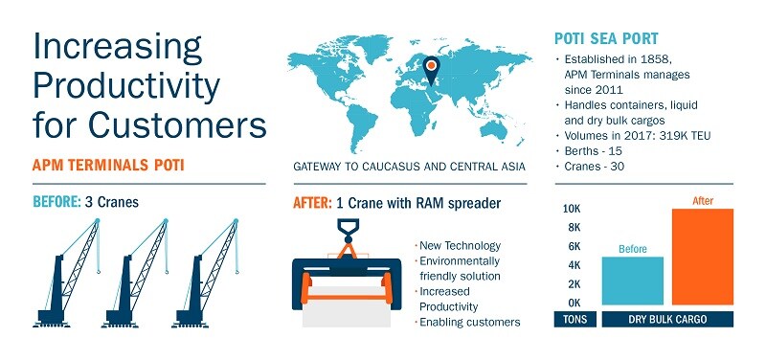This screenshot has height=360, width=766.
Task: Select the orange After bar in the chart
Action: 703,257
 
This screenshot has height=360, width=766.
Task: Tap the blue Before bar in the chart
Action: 632,281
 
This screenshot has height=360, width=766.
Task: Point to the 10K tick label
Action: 571,209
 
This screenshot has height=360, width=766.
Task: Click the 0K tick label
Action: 571,303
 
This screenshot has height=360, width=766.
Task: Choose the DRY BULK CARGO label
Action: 667,320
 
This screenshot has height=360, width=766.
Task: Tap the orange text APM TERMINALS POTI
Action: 109,166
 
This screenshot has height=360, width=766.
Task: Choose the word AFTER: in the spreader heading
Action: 311,203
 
